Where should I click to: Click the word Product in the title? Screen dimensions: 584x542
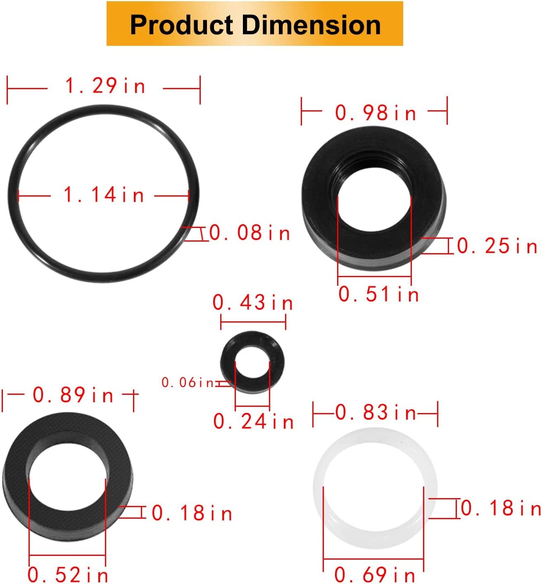(181, 25)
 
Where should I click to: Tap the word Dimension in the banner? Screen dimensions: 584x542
(311, 25)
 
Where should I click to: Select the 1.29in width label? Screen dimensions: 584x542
(105, 86)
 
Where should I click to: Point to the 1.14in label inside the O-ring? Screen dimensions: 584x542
(104, 195)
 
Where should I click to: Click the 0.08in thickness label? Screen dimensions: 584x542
(250, 233)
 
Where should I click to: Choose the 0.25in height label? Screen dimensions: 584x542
(497, 247)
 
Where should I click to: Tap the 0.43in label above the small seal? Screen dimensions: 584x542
(253, 303)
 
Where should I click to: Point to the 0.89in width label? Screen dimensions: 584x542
(73, 395)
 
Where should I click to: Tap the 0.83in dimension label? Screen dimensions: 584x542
(376, 413)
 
